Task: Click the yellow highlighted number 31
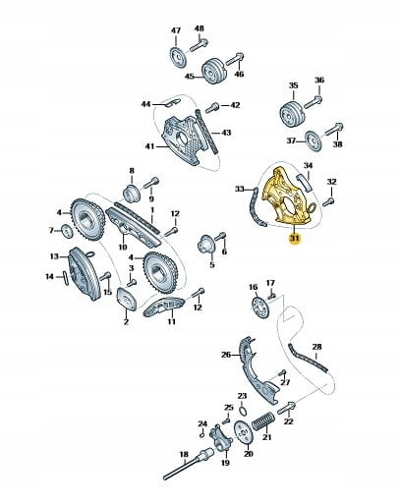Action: coord(295,239)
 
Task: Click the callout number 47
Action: coord(176,30)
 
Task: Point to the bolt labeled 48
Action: coord(199,45)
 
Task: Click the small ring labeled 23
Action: coord(242,410)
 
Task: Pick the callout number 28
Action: coord(316,347)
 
